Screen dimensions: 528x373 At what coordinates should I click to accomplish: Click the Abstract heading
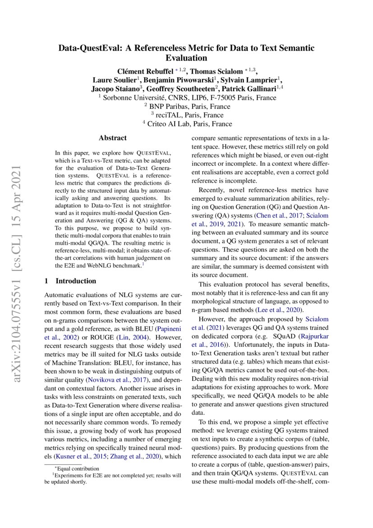[x=113, y=138]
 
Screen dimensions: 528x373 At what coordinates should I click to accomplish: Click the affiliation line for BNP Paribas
[x=187, y=107]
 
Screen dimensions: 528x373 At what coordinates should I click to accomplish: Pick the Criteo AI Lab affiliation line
[x=187, y=124]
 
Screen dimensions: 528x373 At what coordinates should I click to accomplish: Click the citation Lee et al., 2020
[x=279, y=310]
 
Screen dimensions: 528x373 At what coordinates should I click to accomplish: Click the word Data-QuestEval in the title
[x=86, y=48]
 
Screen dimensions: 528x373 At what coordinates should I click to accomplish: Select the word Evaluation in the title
[x=186, y=58]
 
